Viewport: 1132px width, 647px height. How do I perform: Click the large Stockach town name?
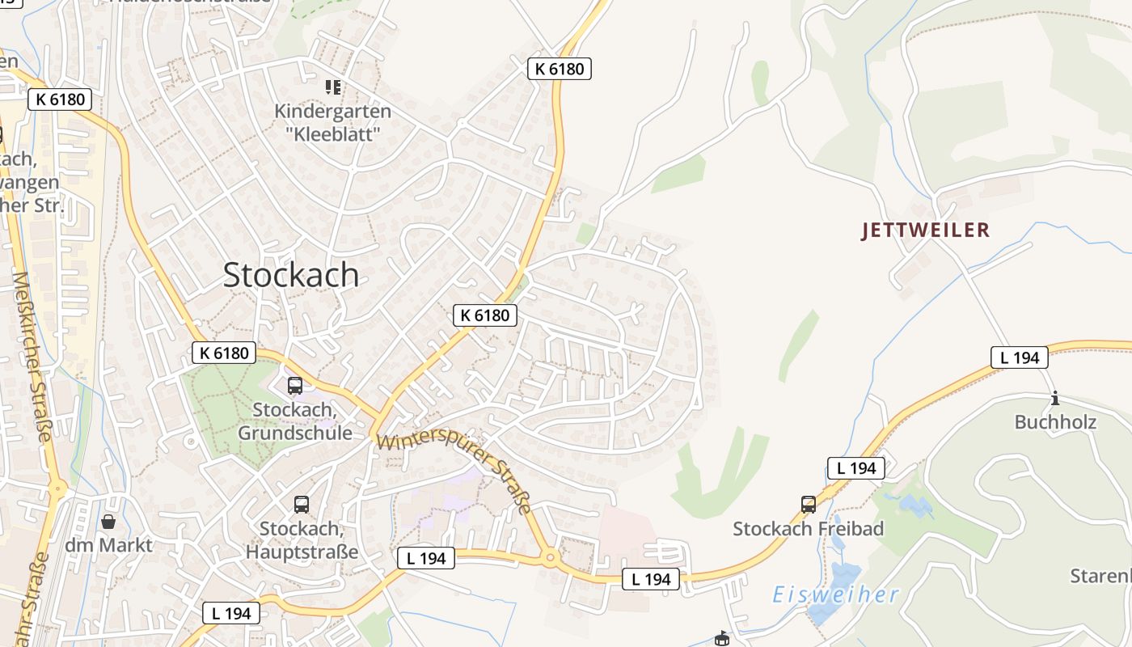pos(291,275)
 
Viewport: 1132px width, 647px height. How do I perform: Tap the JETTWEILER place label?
pos(926,230)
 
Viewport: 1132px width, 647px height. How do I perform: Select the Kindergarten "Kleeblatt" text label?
pos(332,122)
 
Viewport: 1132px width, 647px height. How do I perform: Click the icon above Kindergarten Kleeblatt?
pos(332,87)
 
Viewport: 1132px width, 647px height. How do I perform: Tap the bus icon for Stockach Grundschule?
pos(295,386)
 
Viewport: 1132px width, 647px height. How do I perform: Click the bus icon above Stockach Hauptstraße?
pos(302,505)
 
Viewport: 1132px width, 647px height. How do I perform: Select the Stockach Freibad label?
pos(808,529)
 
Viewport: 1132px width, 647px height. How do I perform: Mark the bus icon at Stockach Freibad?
pos(809,505)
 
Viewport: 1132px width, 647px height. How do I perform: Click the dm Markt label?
pos(108,545)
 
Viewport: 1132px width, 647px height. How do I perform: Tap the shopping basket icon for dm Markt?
pos(108,522)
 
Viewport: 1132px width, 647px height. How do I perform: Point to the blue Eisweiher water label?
pos(835,595)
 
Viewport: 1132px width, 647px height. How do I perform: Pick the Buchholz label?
pos(1055,422)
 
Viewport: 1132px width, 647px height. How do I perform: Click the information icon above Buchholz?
pos(1054,399)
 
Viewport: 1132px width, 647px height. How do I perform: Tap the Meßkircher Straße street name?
pos(32,356)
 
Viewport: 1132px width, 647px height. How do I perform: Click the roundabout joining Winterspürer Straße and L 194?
pos(550,556)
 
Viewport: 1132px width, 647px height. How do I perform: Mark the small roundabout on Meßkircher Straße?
pos(57,488)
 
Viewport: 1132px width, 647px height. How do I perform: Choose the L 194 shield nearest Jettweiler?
pos(1020,357)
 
